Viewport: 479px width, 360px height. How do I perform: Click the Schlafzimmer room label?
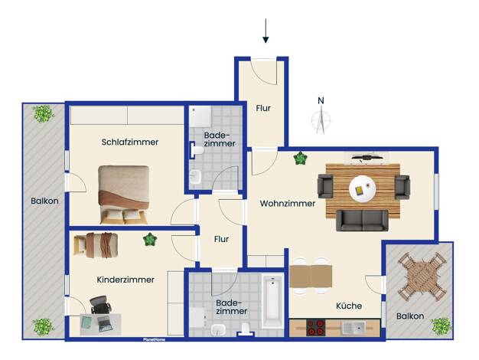tap(130, 142)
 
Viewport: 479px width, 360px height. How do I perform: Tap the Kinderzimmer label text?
tap(125, 280)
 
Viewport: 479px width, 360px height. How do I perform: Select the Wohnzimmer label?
tap(288, 204)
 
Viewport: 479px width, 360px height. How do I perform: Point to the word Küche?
tap(349, 306)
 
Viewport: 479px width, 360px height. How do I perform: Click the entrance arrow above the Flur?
tap(266, 31)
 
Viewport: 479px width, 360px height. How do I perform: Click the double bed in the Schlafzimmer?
tap(124, 195)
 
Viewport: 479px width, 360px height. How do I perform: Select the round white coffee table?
tap(363, 189)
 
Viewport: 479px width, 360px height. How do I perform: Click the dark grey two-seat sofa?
tap(362, 221)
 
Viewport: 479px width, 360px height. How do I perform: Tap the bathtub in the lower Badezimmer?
tap(273, 301)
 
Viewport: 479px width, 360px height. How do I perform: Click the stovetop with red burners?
tap(316, 328)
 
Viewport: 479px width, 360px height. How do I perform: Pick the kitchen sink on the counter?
tap(354, 328)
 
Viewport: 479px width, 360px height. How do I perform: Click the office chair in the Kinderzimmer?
tap(101, 305)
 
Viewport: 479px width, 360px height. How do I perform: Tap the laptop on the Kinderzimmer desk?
tap(105, 323)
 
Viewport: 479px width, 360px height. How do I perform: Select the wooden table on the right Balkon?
tap(420, 275)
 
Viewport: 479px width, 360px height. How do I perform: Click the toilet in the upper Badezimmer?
tap(197, 150)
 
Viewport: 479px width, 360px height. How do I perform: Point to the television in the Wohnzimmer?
tap(367, 158)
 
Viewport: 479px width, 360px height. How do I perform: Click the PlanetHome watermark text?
tap(155, 339)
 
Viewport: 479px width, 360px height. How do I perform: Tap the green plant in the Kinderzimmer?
tap(150, 240)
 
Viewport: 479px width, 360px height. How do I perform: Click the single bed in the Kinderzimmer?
tap(96, 245)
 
